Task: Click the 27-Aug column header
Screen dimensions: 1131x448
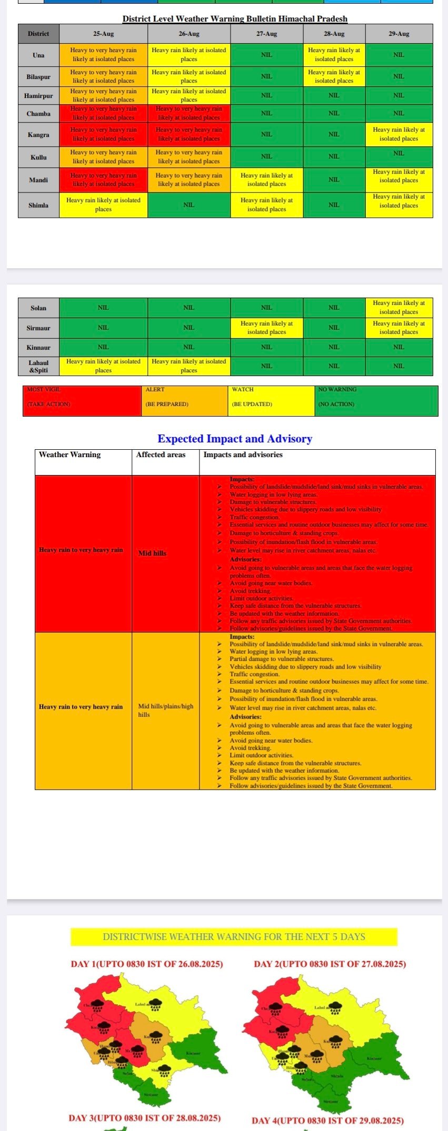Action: coord(266,34)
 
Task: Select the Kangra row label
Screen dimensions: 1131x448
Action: coord(38,135)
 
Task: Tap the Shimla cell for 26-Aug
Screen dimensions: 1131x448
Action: coord(188,205)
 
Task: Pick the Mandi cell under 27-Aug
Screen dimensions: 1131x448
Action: coord(266,180)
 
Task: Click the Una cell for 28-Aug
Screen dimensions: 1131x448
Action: coord(334,55)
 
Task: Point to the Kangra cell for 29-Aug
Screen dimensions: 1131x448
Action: coord(399,134)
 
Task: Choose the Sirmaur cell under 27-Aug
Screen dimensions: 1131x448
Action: coord(266,328)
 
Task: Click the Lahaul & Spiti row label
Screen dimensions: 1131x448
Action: coord(38,366)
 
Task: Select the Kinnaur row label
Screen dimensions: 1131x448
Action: coord(38,347)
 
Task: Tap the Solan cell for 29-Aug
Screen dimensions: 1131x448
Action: coord(399,307)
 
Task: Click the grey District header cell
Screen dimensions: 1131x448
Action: coord(38,34)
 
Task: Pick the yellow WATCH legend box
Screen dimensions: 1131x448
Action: coord(272,401)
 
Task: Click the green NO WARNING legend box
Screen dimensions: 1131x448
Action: coord(376,401)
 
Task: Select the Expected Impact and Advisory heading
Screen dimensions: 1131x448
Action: coord(235,439)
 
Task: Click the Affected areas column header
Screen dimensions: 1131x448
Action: coord(161,455)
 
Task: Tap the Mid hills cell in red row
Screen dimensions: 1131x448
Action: coord(152,553)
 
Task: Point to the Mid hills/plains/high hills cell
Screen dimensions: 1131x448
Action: coord(165,710)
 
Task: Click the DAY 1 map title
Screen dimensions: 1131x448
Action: coord(147,964)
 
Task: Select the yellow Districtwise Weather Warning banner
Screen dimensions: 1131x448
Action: coord(234,937)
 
